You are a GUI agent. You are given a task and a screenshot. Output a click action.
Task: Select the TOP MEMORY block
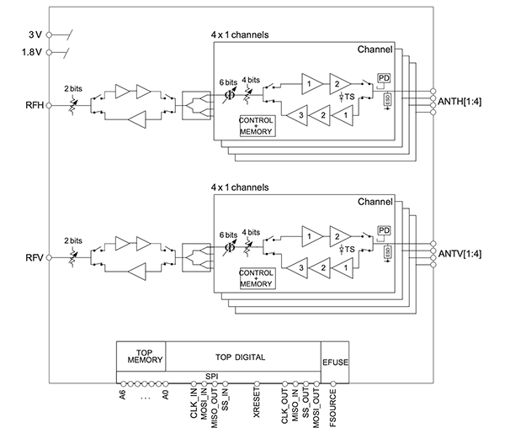pos(141,357)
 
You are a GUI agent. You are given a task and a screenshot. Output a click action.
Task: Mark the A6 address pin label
pos(124,395)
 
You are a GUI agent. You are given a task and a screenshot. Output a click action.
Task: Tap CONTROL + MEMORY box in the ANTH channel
pos(256,124)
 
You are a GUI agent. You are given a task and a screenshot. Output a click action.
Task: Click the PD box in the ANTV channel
pos(383,230)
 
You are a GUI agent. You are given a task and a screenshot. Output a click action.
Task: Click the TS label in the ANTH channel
pos(348,98)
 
